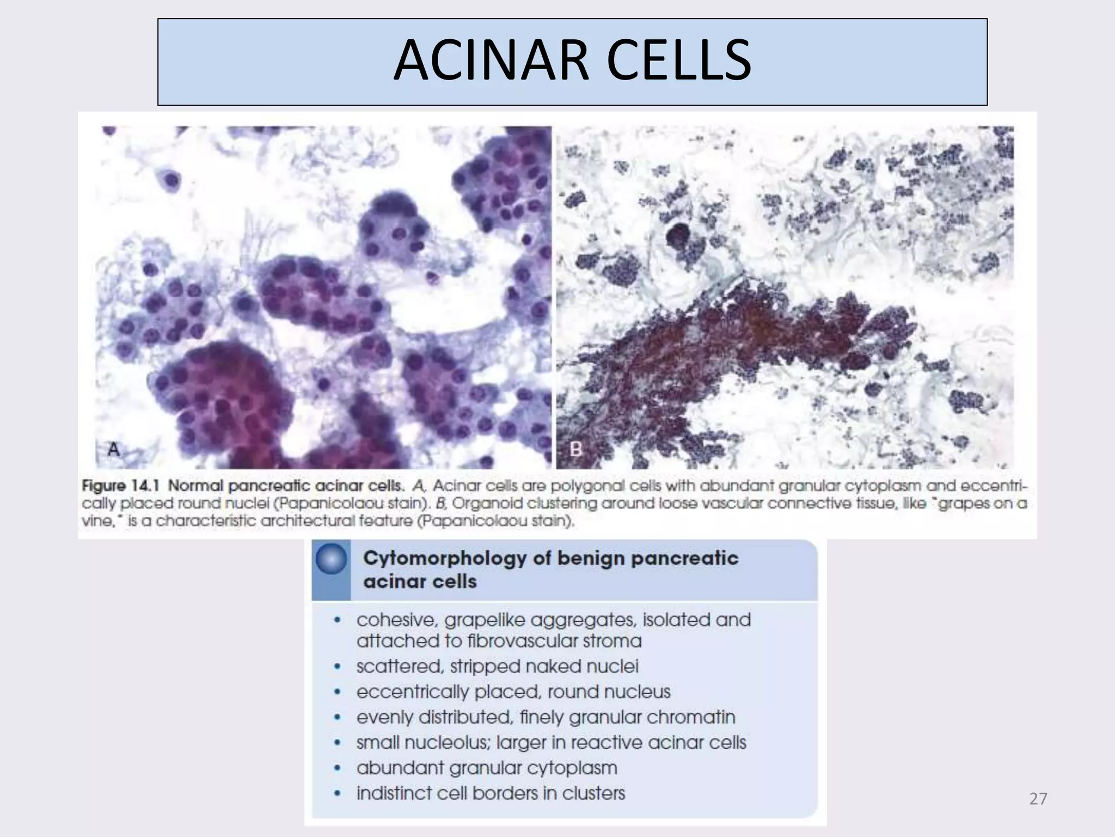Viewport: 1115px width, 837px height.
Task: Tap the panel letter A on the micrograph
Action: pyautogui.click(x=114, y=450)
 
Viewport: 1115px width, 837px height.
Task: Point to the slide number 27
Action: pyautogui.click(x=1038, y=799)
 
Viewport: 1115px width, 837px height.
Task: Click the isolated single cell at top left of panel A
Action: pyautogui.click(x=170, y=179)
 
